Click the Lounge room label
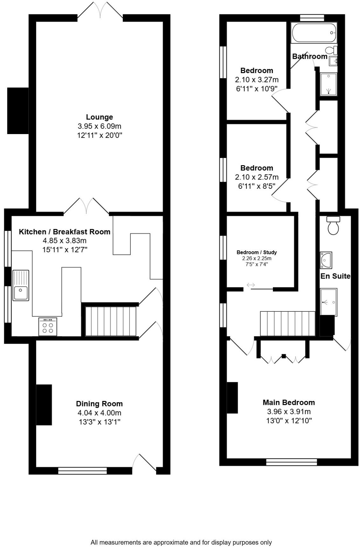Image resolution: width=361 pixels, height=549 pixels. pos(99,117)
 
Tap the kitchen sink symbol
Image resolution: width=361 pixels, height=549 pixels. pos(21,285)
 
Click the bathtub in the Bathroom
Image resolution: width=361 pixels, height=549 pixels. pos(314,33)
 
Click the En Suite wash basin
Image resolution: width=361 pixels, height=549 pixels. pos(326,260)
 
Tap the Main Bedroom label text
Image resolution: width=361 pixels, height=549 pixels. pos(288,403)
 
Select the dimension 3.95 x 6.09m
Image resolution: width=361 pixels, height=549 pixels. pos(99,126)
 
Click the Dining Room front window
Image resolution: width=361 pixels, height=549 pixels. pos(82,471)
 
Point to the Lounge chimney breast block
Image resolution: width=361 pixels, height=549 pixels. pos(18,111)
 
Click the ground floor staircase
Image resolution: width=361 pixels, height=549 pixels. pos(110,321)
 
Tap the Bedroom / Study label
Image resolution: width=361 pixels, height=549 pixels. pos(256,252)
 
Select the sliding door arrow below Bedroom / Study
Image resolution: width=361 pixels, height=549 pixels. pos(251,285)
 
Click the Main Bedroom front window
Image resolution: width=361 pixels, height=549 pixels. pos(291,462)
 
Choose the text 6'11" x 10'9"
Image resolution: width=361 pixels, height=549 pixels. pos(256,89)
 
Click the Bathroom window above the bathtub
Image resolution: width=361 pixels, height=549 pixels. pos(312,18)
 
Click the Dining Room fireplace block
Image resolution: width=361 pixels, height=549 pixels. pos(44,404)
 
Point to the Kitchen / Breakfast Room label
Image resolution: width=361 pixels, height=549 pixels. pos(65,232)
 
